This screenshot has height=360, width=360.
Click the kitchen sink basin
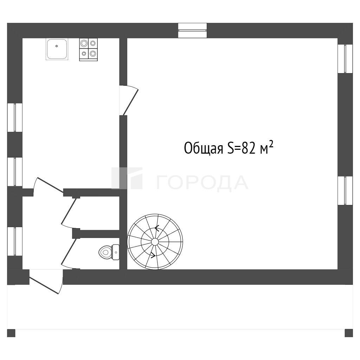57,49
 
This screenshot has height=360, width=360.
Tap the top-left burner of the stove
84,43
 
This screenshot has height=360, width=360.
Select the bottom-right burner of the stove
93,53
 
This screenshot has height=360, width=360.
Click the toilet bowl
105,252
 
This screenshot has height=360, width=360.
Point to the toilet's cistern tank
115,252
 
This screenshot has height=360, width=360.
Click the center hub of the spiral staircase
155,242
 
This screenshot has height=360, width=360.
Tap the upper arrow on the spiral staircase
157,228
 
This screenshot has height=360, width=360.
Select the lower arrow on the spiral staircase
153,255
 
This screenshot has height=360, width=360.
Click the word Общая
204,148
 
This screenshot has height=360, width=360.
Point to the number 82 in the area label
249,148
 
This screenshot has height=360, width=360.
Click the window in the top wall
192,30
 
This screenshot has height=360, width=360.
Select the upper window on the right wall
345,59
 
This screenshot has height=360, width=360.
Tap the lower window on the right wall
345,191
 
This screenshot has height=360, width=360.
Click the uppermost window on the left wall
15,117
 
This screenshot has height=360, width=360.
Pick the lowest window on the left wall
15,241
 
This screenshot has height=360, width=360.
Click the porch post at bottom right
349,333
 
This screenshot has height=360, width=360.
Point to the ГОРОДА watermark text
202,183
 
